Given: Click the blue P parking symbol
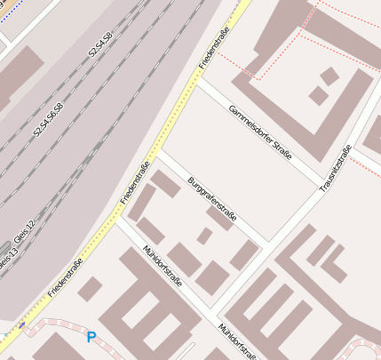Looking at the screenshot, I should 91,338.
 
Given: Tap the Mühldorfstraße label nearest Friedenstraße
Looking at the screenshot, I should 163,265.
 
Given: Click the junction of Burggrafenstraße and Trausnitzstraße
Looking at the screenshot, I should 269,242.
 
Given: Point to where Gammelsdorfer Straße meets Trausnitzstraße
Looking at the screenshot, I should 321,188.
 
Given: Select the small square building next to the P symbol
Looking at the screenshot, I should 90,288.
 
